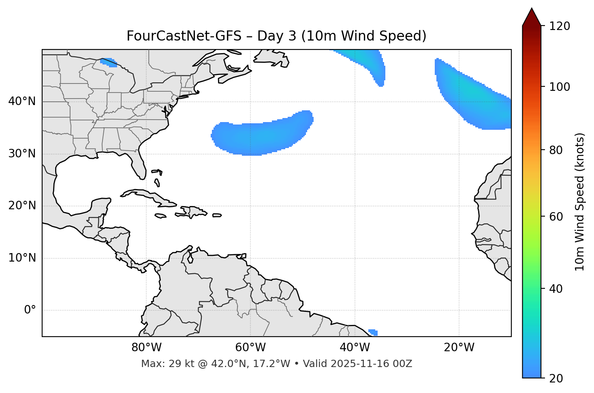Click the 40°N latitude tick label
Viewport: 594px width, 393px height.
[x=22, y=101]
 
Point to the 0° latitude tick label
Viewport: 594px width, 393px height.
[x=30, y=310]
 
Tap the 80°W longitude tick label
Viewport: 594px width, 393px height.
[x=146, y=348]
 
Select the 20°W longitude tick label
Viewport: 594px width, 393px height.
[x=459, y=348]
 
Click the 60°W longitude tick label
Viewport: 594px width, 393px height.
[x=250, y=348]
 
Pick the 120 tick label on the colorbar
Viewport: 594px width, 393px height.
[x=560, y=26]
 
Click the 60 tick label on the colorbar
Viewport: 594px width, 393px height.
[x=556, y=217]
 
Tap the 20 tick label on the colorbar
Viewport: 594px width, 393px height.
[x=556, y=378]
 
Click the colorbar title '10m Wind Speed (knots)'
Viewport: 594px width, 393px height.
[x=580, y=202]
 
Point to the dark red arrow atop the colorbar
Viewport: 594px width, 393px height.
[x=532, y=17]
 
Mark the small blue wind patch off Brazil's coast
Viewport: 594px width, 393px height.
[x=373, y=333]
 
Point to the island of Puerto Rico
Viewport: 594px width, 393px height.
[x=217, y=215]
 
